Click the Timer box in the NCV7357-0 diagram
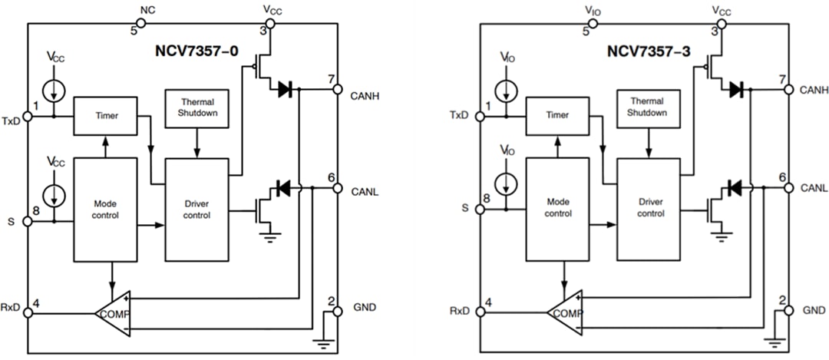pyautogui.click(x=105, y=116)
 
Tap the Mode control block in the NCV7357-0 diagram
pyautogui.click(x=104, y=210)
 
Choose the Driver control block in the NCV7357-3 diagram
pyautogui.click(x=650, y=210)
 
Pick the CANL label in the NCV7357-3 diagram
pyautogui.click(x=814, y=188)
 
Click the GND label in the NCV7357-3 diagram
pyautogui.click(x=814, y=310)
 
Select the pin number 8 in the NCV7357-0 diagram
pyautogui.click(x=35, y=209)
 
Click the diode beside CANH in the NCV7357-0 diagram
pyautogui.click(x=286, y=89)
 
